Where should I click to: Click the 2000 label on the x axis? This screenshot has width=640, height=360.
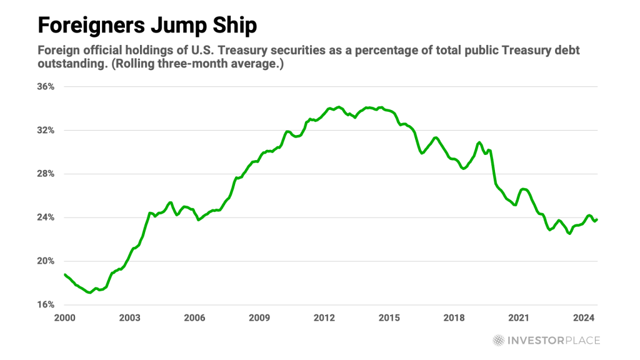coord(65,317)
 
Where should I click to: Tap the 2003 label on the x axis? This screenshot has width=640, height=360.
coord(129,317)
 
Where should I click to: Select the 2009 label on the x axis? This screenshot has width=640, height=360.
coord(259,317)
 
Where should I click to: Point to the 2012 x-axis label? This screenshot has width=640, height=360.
coord(324,317)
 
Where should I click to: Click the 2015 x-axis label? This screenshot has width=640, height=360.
coord(389,317)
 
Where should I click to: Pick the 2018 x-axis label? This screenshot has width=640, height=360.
coord(454,317)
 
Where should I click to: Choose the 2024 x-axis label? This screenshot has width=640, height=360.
coord(583,317)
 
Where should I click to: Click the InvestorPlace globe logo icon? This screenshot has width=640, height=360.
coord(498,341)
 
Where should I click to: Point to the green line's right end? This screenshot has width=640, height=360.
coord(596,219)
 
